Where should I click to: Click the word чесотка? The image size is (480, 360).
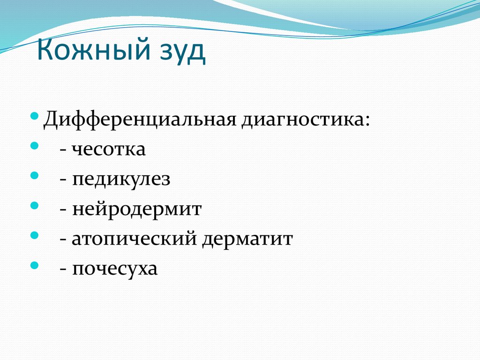109,150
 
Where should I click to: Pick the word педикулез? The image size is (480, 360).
121,180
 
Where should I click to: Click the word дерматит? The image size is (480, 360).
247,240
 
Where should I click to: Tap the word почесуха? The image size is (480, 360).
115,270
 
